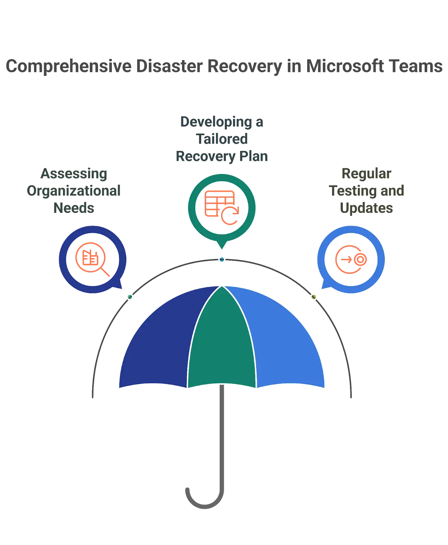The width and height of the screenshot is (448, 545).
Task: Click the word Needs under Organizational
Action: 73,208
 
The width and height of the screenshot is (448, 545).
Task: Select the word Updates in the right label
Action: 367,208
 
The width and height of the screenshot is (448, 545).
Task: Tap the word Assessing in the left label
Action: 74,174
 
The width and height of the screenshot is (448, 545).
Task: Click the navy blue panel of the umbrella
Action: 160,344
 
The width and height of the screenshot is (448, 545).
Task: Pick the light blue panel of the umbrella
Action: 286,344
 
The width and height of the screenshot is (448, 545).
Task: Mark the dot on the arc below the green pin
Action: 222,260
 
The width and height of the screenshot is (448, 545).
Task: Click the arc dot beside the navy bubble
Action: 130,297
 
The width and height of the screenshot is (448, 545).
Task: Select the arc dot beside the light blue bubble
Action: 314,297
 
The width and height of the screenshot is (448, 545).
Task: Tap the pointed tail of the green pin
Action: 222,246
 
